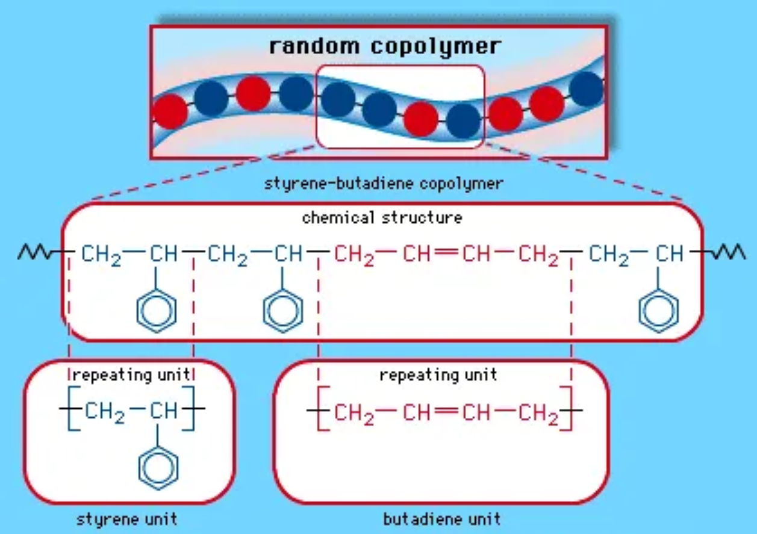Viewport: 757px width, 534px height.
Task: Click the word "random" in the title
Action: (313, 46)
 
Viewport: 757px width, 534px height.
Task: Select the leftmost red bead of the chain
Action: (170, 112)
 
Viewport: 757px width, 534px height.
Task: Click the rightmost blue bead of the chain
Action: (586, 88)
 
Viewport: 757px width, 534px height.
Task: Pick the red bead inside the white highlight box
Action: (421, 118)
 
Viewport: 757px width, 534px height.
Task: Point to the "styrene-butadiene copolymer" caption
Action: (383, 183)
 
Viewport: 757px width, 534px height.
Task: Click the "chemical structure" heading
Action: (382, 217)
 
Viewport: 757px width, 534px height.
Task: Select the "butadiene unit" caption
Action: (442, 518)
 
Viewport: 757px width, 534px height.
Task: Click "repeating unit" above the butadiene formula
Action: (438, 375)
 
